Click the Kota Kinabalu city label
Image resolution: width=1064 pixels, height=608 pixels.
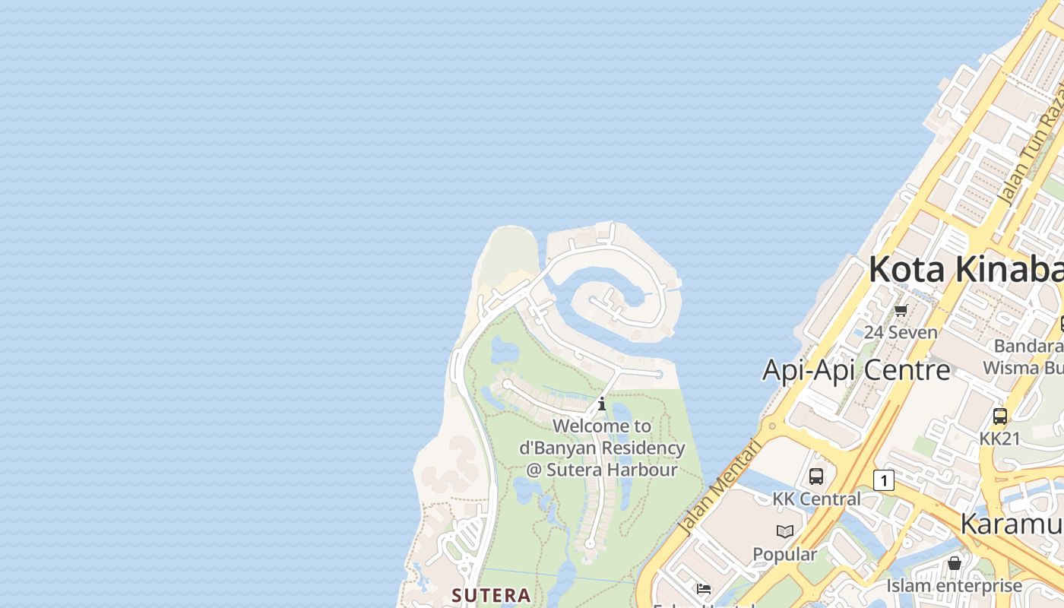tap(965, 269)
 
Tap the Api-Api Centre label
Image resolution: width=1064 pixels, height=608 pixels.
tap(856, 370)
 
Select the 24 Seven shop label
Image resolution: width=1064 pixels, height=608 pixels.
tap(901, 332)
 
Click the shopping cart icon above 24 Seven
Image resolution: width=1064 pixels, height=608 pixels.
tap(901, 310)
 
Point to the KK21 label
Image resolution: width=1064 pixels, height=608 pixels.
tap(999, 439)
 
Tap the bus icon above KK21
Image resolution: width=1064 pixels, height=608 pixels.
tap(1000, 416)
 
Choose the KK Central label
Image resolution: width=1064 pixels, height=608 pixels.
tap(816, 499)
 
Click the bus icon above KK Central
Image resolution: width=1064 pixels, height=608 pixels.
tap(816, 477)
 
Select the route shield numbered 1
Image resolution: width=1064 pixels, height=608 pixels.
tap(883, 480)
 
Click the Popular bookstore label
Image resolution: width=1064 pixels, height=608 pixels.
tap(785, 553)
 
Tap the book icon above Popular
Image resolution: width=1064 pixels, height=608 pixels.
tap(785, 531)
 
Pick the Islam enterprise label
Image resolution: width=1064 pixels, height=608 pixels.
tap(954, 585)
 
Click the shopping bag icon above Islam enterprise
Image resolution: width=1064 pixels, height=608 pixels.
tap(955, 563)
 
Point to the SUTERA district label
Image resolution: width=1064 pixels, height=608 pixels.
tap(491, 594)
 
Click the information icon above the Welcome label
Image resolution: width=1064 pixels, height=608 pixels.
tap(602, 404)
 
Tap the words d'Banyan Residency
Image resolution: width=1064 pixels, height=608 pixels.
tap(602, 448)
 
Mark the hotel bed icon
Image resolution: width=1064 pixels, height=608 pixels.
tap(704, 589)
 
